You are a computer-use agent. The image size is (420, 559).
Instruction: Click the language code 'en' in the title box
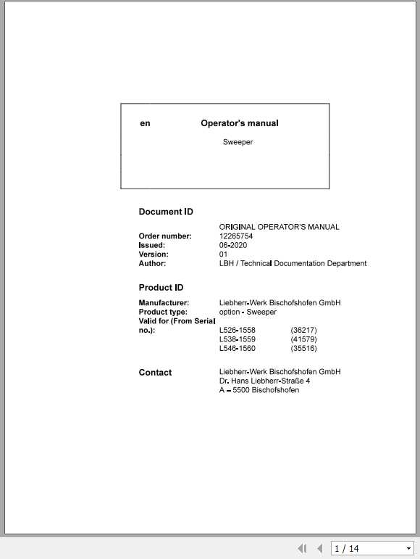pos(146,124)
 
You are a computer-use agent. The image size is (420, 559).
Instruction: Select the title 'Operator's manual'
pos(239,123)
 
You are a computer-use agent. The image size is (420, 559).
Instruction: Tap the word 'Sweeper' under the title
pos(238,142)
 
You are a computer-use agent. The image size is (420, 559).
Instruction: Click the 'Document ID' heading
pos(166,212)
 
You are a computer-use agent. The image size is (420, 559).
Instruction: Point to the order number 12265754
pos(236,236)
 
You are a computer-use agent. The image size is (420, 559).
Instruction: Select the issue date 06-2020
pos(233,245)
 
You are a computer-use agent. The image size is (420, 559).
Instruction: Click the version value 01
pos(224,254)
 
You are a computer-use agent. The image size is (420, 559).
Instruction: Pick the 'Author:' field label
pos(153,263)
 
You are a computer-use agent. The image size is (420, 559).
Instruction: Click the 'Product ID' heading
pos(161,288)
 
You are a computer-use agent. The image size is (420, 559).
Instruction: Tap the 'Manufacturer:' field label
pos(164,302)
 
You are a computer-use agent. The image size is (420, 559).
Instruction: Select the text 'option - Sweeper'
pos(248,312)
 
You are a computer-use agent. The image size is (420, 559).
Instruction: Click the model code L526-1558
pos(237,331)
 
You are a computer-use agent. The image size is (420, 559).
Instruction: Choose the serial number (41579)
pos(303,339)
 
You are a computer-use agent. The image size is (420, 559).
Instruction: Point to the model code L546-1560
pos(237,349)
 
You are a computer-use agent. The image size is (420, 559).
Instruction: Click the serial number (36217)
pos(303,331)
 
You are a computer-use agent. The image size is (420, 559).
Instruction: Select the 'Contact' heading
pos(155,373)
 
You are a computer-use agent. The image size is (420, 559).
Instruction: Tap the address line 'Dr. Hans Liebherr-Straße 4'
pos(264,381)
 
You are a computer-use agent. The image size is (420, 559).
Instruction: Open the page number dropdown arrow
pos(408,549)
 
